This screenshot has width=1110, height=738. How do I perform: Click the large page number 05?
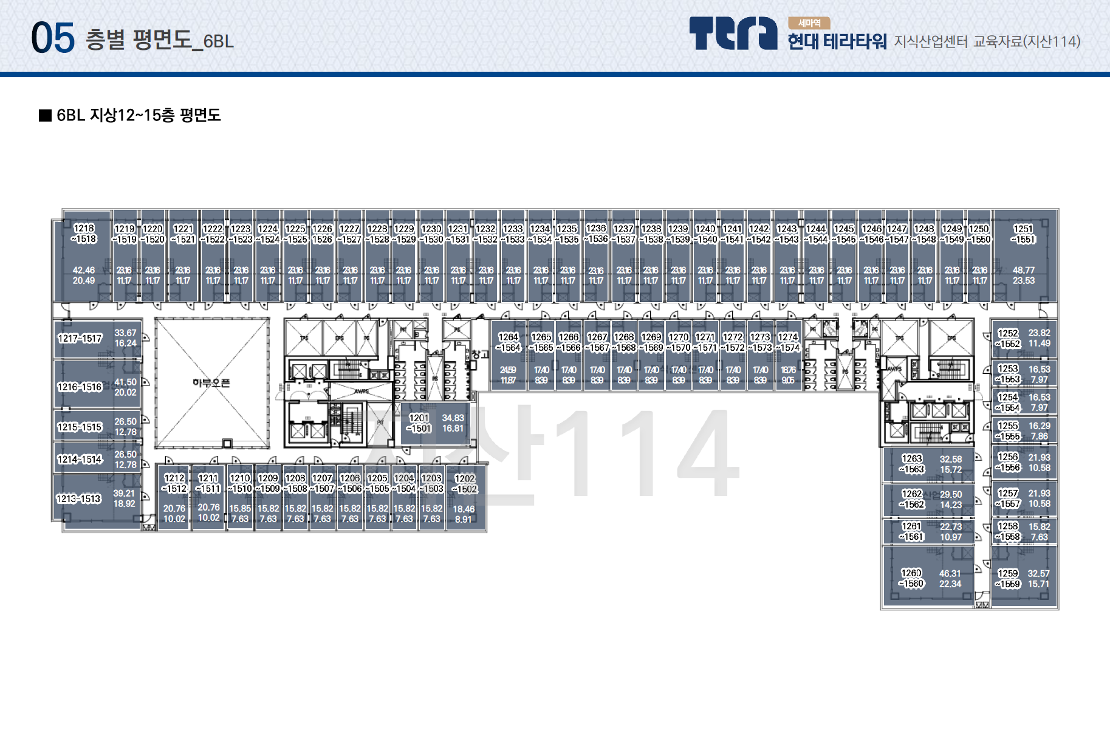click(52, 38)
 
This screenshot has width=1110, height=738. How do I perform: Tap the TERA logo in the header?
click(733, 33)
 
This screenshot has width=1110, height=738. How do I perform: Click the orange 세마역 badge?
click(809, 23)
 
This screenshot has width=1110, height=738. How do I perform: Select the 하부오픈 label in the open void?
click(211, 382)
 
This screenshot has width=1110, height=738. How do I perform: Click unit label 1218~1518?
click(84, 233)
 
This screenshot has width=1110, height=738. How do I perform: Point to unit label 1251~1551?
click(1023, 234)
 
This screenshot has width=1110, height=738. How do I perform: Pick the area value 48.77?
click(1024, 270)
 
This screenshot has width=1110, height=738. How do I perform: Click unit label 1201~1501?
click(419, 423)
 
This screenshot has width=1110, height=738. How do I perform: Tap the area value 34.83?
click(453, 418)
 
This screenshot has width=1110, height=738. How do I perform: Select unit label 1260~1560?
click(911, 578)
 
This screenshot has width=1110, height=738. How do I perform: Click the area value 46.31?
click(950, 573)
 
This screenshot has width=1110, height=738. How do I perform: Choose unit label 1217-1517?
click(80, 338)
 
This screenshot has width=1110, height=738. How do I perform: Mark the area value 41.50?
click(125, 382)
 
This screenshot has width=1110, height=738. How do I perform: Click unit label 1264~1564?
click(508, 342)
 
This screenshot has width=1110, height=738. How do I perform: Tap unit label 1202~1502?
click(465, 484)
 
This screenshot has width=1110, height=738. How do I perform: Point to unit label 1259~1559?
click(1007, 579)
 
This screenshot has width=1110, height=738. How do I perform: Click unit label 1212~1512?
click(174, 483)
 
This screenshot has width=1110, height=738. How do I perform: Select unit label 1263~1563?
click(912, 464)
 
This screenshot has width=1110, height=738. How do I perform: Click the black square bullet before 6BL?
click(45, 116)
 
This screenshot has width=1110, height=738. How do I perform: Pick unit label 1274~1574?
click(788, 342)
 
